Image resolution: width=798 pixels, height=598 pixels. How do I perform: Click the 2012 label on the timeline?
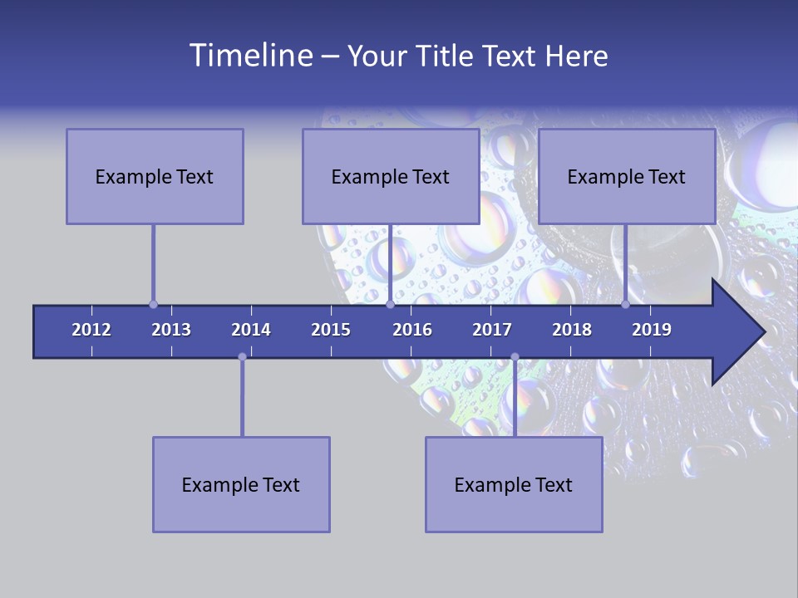pyautogui.click(x=91, y=330)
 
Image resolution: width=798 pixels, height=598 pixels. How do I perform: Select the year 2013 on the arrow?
pyautogui.click(x=171, y=330)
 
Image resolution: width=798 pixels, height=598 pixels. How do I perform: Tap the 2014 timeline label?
pyautogui.click(x=251, y=330)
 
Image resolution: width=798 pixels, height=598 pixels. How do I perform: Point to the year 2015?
pyautogui.click(x=331, y=330)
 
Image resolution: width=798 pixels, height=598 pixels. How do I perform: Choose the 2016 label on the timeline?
pyautogui.click(x=412, y=330)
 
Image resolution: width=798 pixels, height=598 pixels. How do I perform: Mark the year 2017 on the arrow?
pyautogui.click(x=492, y=330)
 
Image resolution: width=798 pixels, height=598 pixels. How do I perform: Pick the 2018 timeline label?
pyautogui.click(x=572, y=330)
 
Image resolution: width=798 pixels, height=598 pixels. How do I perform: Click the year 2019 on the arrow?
pyautogui.click(x=652, y=330)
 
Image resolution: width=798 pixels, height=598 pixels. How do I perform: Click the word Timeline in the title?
pyautogui.click(x=250, y=56)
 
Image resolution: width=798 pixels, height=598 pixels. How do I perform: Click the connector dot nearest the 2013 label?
pyautogui.click(x=153, y=304)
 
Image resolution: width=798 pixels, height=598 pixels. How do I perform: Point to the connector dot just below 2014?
pyautogui.click(x=242, y=357)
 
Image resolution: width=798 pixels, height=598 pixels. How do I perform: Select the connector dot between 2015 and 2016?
pyautogui.click(x=390, y=304)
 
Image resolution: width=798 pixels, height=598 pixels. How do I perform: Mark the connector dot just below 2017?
pyautogui.click(x=515, y=357)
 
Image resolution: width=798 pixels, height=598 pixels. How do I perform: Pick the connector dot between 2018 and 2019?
pyautogui.click(x=625, y=304)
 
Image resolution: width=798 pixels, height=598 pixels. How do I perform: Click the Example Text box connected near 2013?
pyautogui.click(x=155, y=176)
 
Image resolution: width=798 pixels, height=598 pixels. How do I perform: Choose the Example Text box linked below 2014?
pyautogui.click(x=241, y=484)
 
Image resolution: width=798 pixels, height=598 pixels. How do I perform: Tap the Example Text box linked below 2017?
pyautogui.click(x=514, y=484)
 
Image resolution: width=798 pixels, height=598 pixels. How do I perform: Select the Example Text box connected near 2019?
pyautogui.click(x=627, y=176)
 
